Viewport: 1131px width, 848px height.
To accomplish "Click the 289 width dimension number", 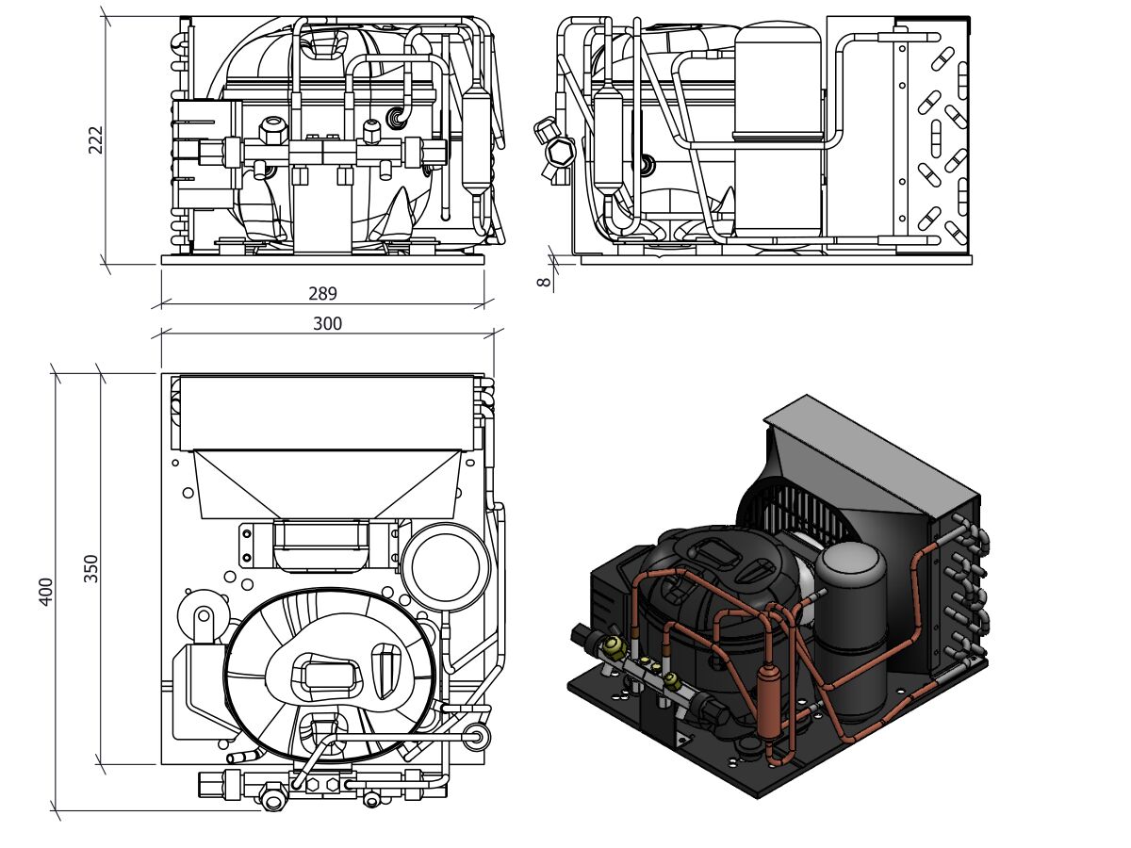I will coord(322,293).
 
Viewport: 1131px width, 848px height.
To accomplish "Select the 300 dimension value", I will coord(327,323).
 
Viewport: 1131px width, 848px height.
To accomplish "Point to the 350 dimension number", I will coord(90,568).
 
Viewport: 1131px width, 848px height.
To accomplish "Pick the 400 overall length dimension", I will coord(46,591).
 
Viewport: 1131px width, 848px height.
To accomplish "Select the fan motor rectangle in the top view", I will coord(320,544).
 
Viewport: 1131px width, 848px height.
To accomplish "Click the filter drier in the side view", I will coord(608,141).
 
